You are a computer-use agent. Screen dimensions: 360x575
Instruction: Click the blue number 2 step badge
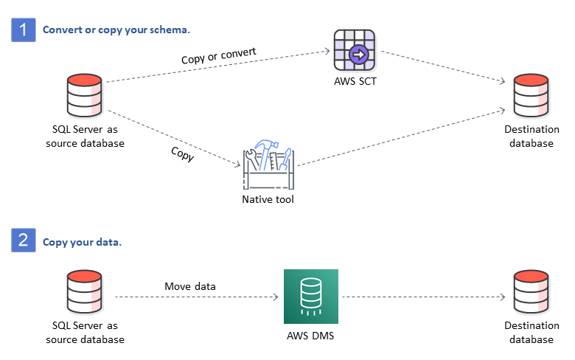[x=24, y=240]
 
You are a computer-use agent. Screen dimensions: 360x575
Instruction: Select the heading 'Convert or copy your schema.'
[x=116, y=30]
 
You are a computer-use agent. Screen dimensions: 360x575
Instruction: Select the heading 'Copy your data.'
[x=82, y=241]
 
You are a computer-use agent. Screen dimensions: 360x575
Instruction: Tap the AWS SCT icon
[x=355, y=52]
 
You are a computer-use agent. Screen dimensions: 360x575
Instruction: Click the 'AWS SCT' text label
[x=355, y=81]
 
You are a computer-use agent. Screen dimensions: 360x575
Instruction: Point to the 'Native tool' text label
[x=268, y=199]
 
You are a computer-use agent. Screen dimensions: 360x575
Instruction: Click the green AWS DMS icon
[x=311, y=297]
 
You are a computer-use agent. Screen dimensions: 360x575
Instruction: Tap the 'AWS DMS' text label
[x=311, y=333]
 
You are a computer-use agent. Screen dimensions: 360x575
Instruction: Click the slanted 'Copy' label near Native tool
[x=182, y=153]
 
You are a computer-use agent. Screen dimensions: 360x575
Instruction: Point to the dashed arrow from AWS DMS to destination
[x=424, y=297]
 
